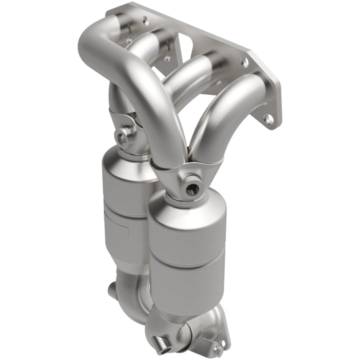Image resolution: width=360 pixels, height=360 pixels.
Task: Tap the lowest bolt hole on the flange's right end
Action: click(x=269, y=118)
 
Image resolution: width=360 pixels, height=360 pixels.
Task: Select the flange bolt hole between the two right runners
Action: click(x=244, y=62)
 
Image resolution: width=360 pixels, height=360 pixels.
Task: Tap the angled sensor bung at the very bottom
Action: click(x=162, y=344)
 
